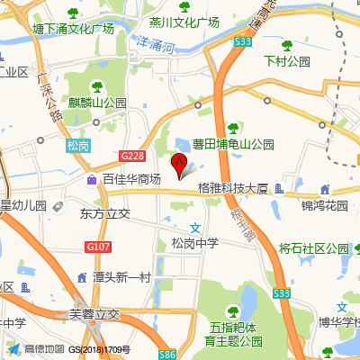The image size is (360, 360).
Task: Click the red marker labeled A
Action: [178, 163]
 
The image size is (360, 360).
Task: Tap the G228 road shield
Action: [131, 156]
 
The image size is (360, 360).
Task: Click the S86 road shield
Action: [168, 355]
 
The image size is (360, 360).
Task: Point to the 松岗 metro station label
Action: [78, 144]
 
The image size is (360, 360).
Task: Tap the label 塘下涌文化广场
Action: [73, 29]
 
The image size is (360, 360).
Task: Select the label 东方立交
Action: [105, 214]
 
